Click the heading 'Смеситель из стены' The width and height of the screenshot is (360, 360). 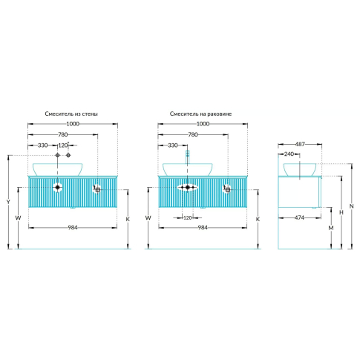(x=71, y=114)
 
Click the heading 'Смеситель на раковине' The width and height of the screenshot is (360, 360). (x=200, y=114)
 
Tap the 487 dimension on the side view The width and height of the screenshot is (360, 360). (x=300, y=144)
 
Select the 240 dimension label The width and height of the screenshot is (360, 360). (x=289, y=154)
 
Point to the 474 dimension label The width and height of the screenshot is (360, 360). (x=299, y=217)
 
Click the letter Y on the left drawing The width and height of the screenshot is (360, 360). (x=8, y=202)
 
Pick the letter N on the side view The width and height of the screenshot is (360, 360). (x=351, y=206)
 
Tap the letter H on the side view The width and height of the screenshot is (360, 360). (x=341, y=212)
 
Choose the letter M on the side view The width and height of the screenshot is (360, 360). (x=331, y=228)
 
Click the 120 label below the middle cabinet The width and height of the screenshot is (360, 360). (x=188, y=218)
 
